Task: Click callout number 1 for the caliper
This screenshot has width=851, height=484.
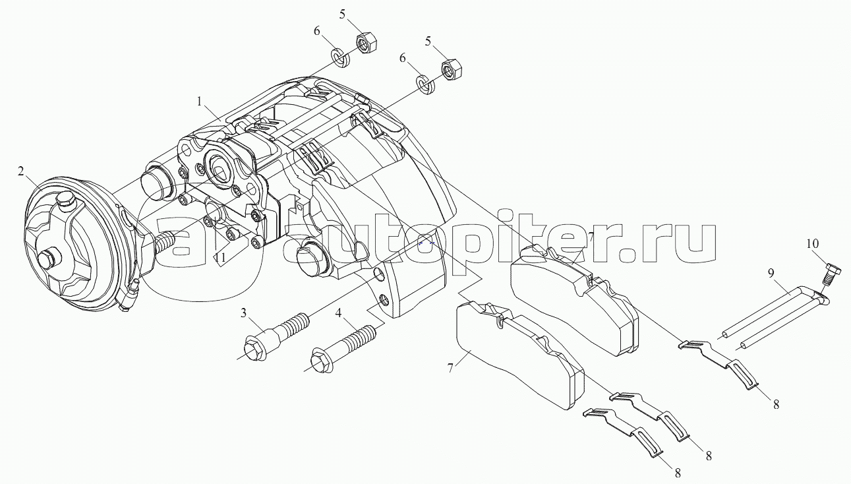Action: tap(199, 102)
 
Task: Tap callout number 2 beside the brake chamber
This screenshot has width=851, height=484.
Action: tap(21, 172)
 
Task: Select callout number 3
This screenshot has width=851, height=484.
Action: tap(243, 313)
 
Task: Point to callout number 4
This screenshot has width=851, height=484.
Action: tap(338, 313)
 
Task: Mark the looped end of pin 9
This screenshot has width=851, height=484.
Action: tap(822, 298)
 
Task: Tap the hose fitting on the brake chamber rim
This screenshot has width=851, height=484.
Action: tap(129, 295)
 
